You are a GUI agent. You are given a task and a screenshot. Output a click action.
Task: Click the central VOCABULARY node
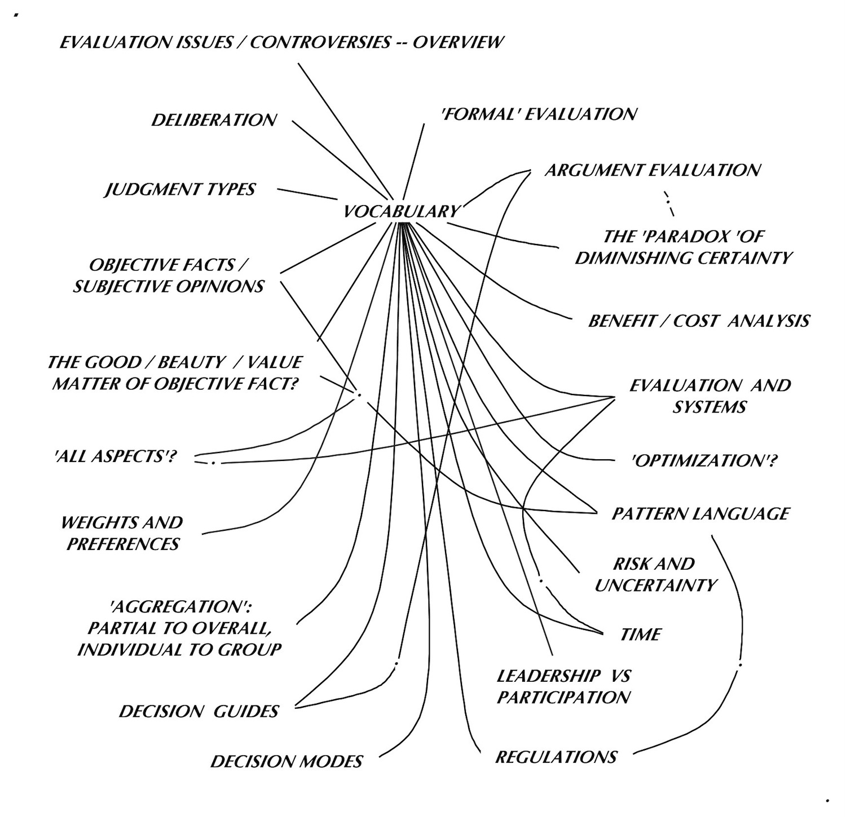click(401, 211)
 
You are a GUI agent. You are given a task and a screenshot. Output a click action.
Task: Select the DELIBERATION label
click(214, 120)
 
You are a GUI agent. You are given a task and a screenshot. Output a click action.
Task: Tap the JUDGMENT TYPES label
click(180, 189)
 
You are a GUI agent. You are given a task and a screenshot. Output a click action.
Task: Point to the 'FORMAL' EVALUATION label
click(539, 114)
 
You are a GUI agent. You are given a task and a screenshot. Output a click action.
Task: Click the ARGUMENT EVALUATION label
click(652, 170)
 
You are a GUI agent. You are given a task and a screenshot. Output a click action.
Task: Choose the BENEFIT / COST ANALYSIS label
click(699, 321)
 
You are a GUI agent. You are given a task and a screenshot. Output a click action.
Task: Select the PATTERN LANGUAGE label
click(700, 514)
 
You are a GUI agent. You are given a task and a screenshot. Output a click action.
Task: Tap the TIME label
click(640, 635)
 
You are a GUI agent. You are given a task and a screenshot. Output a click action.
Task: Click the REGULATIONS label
click(556, 757)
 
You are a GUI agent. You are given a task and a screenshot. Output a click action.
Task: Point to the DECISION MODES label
click(286, 762)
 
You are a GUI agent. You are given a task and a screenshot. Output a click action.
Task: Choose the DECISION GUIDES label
click(199, 711)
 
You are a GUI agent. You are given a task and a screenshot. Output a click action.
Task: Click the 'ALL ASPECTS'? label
click(112, 456)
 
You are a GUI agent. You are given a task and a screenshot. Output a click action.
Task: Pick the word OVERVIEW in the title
click(458, 42)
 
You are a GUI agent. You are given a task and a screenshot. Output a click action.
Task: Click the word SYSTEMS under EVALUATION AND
click(710, 407)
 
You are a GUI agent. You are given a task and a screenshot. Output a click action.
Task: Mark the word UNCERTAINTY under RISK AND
click(655, 585)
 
